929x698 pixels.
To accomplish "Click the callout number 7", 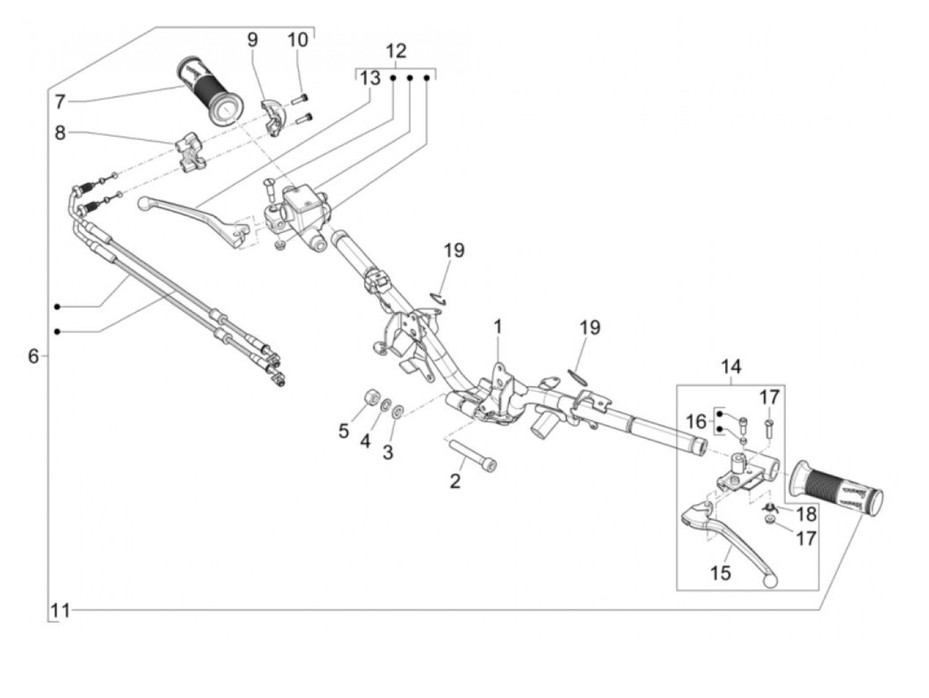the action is tap(60, 102).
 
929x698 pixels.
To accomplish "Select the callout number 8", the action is tap(60, 133).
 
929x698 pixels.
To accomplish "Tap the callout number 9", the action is tap(252, 40).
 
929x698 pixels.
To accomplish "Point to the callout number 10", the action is tap(297, 40).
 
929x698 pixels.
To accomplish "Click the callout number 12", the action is tap(396, 51).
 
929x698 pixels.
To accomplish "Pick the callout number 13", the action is tap(370, 78).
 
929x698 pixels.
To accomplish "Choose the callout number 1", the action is tap(498, 327).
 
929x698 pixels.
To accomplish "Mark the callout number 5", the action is tap(344, 431).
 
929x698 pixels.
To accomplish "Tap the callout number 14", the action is tap(731, 366).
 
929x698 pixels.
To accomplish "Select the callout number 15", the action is tap(721, 573).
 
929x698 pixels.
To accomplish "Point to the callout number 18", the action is tap(806, 514).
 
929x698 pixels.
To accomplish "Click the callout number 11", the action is tap(60, 611).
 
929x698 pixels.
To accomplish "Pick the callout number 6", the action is tap(33, 356).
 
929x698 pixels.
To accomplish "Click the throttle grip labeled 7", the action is tap(210, 92).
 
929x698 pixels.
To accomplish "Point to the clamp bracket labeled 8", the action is tap(188, 151).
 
